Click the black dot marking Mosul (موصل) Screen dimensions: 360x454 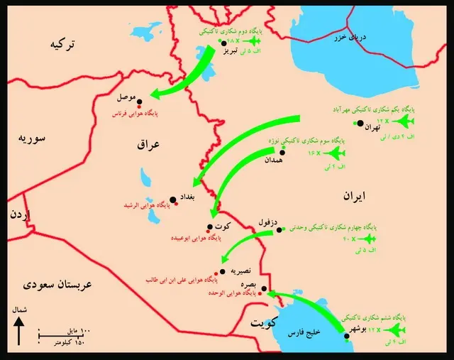coord(140,102)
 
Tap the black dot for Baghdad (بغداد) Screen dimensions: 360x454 coord(172,200)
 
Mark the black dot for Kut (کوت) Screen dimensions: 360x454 coord(209,228)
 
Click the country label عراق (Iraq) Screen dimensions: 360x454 coord(150,144)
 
